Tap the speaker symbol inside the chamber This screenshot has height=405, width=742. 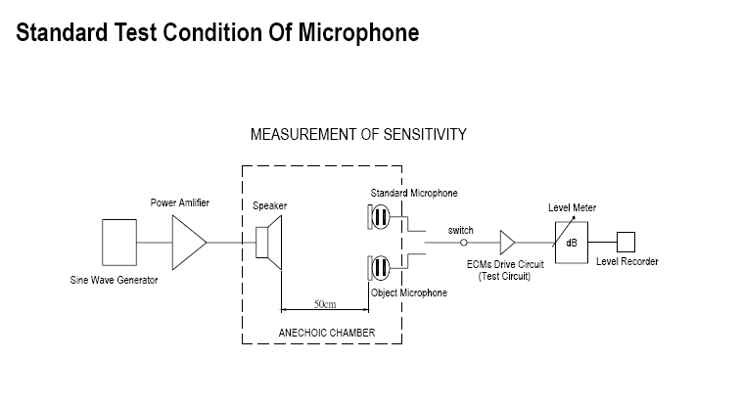pyautogui.click(x=269, y=242)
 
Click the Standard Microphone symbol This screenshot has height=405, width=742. pyautogui.click(x=381, y=214)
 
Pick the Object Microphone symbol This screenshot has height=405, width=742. pyautogui.click(x=381, y=268)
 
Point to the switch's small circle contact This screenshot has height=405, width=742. pyautogui.click(x=465, y=242)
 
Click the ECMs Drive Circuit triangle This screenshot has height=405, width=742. pyautogui.click(x=508, y=242)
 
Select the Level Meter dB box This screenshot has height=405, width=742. pyautogui.click(x=571, y=242)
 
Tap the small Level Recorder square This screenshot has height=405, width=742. pyautogui.click(x=626, y=241)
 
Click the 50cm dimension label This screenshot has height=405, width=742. pyautogui.click(x=325, y=304)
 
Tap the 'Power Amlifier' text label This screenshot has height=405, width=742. pyautogui.click(x=180, y=202)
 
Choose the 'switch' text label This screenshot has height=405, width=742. pyautogui.click(x=461, y=231)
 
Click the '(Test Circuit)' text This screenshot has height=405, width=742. pyautogui.click(x=504, y=277)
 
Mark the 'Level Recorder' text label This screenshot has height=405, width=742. pyautogui.click(x=627, y=261)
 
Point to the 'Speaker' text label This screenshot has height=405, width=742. pyautogui.click(x=269, y=206)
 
